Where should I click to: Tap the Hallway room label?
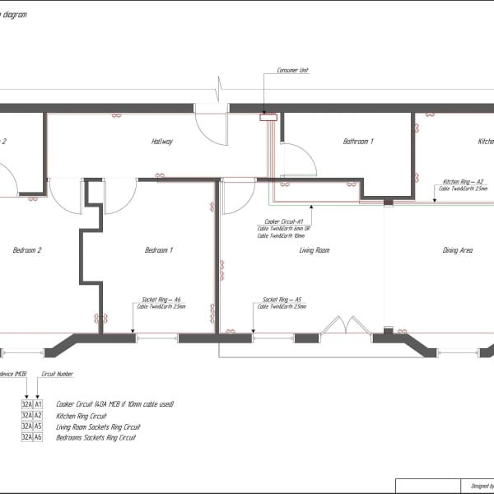[x=161, y=142]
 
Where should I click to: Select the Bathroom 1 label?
[x=358, y=142]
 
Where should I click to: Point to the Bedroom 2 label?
[x=27, y=249]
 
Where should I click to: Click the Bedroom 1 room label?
[x=159, y=249]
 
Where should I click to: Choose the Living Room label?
[x=314, y=249]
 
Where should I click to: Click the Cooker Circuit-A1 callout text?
[x=284, y=221]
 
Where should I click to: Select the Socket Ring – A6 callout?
[x=161, y=300]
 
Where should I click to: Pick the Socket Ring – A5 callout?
[x=282, y=300]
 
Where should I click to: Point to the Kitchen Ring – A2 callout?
[x=463, y=181]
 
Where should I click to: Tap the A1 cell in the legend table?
[x=38, y=404]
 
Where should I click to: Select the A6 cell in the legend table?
[x=38, y=437]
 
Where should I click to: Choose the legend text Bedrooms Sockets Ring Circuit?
[x=97, y=437]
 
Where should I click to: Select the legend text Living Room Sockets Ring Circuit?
[x=99, y=426]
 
